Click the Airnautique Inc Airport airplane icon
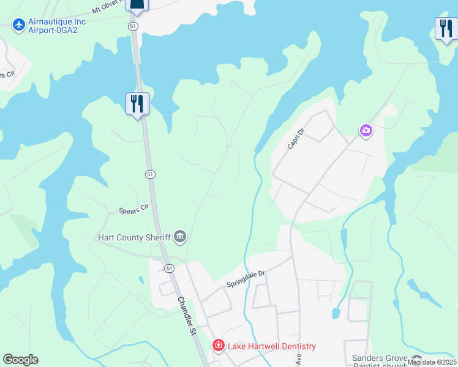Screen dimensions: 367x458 click(19, 25)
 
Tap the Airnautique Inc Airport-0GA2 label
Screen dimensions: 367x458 click(57, 26)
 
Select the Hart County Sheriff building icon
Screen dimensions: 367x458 click(180, 236)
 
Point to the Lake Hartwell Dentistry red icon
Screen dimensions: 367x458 click(218, 346)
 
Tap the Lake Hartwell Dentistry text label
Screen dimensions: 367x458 click(272, 346)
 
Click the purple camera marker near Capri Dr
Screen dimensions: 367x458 click(366, 130)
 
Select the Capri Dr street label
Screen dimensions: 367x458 click(296, 139)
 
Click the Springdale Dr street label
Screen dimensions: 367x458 click(246, 280)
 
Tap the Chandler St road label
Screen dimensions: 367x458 click(186, 316)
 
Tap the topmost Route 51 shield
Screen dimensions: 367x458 click(133, 26)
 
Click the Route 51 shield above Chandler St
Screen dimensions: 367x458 click(169, 268)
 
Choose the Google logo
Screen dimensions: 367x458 click(20, 360)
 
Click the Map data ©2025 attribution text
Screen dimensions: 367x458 click(432, 362)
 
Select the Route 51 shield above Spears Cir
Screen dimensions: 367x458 click(150, 174)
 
